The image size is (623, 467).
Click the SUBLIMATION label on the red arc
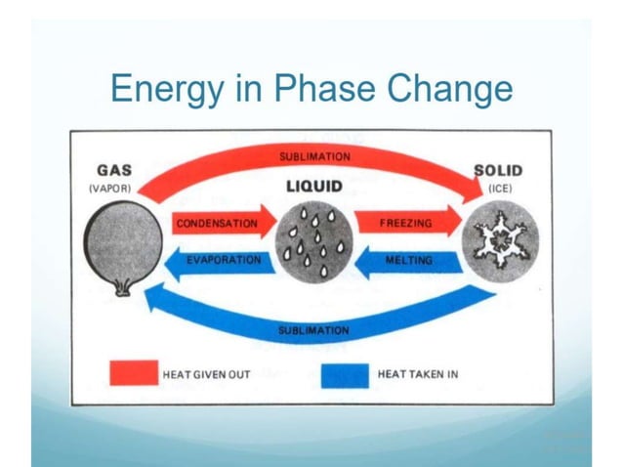pos(314,156)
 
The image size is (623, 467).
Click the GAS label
pos(116,170)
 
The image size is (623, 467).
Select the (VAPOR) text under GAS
pos(116,187)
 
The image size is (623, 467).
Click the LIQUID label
pos(315,187)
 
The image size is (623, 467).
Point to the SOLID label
pos(500,170)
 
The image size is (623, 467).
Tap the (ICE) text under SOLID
pos(500,187)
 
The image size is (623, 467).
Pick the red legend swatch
pos(134,374)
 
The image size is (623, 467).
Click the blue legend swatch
pos(345,374)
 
